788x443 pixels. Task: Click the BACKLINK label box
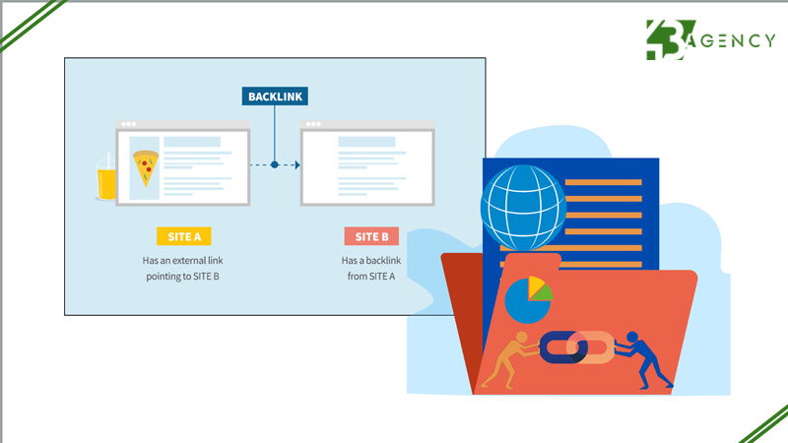(x=275, y=96)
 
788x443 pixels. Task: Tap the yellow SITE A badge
(x=183, y=236)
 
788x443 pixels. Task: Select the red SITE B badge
(x=371, y=236)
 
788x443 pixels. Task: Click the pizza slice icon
(x=146, y=166)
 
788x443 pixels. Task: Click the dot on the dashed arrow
(x=275, y=164)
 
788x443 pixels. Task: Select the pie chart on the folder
(x=527, y=300)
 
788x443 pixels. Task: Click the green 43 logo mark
(x=669, y=40)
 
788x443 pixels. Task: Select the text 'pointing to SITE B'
(x=183, y=277)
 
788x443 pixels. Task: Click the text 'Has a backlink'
(x=371, y=261)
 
